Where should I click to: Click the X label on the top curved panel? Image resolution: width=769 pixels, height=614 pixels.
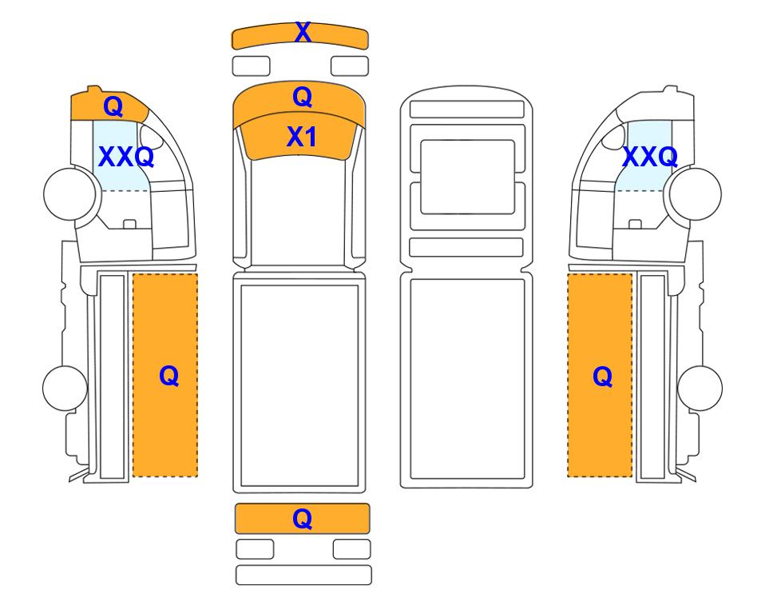click(303, 33)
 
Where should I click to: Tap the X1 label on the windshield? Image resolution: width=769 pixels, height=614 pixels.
click(302, 137)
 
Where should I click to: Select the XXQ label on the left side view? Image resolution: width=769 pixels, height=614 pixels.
click(126, 157)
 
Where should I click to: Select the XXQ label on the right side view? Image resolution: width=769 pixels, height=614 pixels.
click(650, 157)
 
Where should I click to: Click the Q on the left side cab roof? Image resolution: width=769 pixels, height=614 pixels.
click(113, 106)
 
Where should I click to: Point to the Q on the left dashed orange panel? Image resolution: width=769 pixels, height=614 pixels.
click(169, 377)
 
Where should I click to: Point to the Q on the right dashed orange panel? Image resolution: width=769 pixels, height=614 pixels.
click(603, 377)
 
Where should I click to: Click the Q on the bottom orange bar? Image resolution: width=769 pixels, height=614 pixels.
click(303, 518)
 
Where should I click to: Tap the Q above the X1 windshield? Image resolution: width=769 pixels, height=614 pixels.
click(303, 97)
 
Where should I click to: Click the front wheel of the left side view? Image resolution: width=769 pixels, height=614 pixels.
click(69, 193)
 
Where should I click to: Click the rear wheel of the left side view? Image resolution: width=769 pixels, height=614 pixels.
click(65, 388)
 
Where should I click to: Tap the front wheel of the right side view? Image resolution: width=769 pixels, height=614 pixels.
click(696, 193)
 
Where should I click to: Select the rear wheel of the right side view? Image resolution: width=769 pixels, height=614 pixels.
click(700, 388)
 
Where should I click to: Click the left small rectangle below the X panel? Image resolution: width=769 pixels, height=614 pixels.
click(251, 66)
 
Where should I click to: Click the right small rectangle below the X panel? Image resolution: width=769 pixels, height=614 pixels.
click(350, 66)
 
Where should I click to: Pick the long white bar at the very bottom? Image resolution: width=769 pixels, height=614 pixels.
click(303, 575)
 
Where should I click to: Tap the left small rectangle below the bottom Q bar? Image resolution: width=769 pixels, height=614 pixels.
click(255, 549)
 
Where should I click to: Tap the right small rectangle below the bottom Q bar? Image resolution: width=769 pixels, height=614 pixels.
click(351, 549)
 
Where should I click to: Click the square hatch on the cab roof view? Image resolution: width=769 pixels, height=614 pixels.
click(467, 177)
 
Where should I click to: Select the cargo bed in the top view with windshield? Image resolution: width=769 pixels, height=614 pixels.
click(299, 385)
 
